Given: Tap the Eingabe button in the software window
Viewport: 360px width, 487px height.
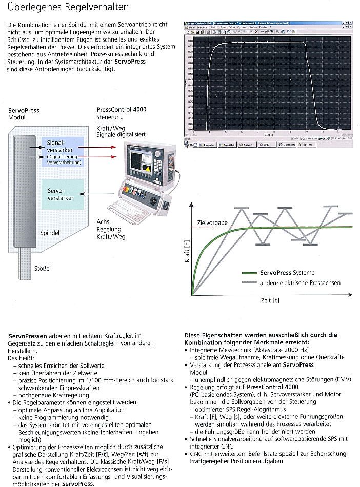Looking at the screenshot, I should (206, 145).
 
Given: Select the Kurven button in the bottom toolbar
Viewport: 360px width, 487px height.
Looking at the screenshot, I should (247, 145).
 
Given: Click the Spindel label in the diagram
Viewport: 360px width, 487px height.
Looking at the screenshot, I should (50, 233).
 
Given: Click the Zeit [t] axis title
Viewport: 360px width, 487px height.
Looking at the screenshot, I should (269, 300).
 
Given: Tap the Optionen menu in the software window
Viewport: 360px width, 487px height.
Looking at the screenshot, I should (239, 27).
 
